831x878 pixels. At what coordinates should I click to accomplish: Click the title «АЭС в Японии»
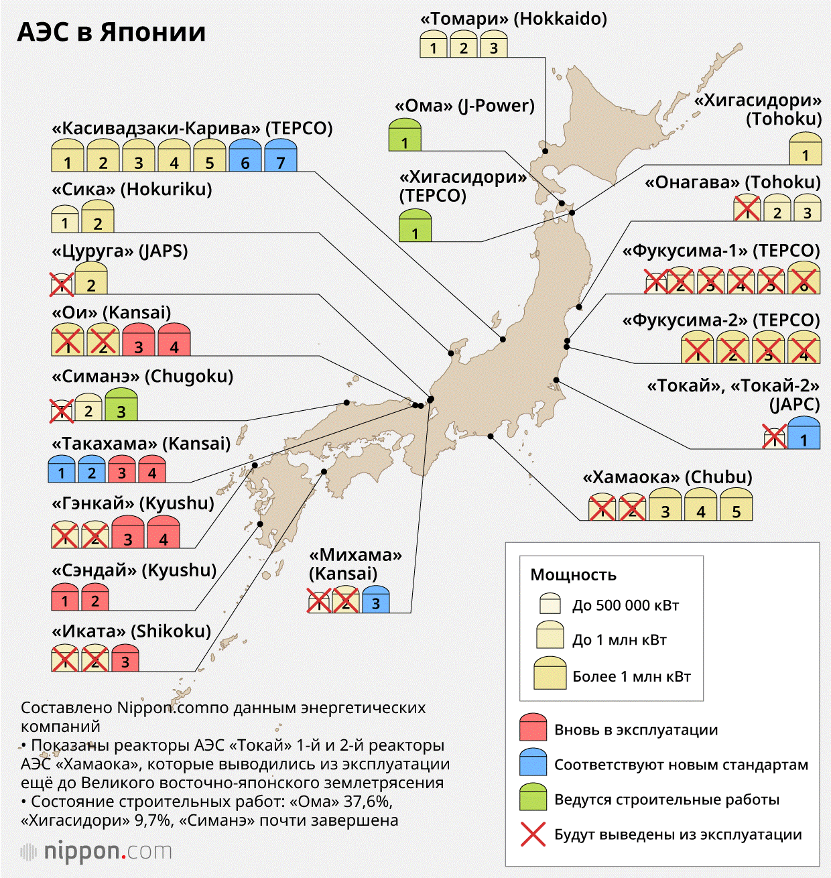[111, 32]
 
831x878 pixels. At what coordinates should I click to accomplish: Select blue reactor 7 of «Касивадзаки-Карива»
[280, 155]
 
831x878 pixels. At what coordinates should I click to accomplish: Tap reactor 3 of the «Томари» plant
[493, 44]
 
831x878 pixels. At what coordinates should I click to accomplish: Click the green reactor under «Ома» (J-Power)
[405, 135]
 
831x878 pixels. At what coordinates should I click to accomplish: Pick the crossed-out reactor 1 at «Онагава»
[747, 207]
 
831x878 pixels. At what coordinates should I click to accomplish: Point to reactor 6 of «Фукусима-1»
[804, 277]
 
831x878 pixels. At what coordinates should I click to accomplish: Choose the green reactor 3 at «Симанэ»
[121, 403]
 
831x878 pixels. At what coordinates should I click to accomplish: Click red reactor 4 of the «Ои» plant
[174, 339]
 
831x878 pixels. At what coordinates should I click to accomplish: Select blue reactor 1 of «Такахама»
[62, 469]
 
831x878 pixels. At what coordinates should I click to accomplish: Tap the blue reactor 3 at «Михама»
[376, 599]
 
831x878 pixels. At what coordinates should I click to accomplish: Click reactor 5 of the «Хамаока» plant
[737, 504]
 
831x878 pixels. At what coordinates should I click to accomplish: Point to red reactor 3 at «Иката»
[125, 657]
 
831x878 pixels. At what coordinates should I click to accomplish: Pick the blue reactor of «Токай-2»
[804, 432]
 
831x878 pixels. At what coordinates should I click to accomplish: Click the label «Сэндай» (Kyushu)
[134, 570]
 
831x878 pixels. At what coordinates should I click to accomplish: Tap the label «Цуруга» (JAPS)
[120, 251]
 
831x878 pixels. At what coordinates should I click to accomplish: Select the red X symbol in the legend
[533, 834]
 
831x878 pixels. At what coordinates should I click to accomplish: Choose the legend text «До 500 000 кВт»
[625, 605]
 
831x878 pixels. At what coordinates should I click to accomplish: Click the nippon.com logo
[96, 851]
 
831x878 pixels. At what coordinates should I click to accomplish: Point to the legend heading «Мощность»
[574, 575]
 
